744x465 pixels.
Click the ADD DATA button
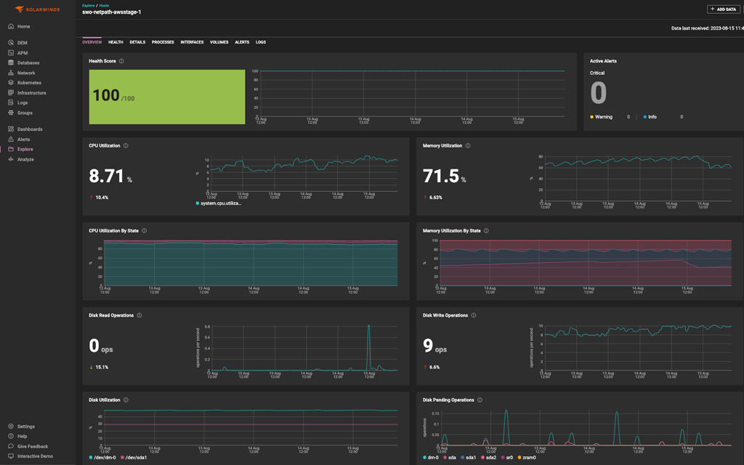pos(724,9)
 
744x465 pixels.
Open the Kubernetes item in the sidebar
pos(29,83)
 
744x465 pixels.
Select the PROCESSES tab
pos(163,42)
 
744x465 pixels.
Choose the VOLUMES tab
pos(219,42)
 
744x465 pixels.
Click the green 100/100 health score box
pos(167,97)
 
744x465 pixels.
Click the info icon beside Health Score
pos(121,61)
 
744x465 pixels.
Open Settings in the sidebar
pos(25,426)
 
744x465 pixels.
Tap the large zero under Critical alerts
pos(598,93)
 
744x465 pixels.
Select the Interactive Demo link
pos(35,456)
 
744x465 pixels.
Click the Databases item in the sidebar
pos(28,62)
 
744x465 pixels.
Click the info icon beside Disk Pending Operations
pos(480,400)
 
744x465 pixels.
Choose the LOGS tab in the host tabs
pos(261,42)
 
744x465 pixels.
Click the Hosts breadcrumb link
pos(104,5)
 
